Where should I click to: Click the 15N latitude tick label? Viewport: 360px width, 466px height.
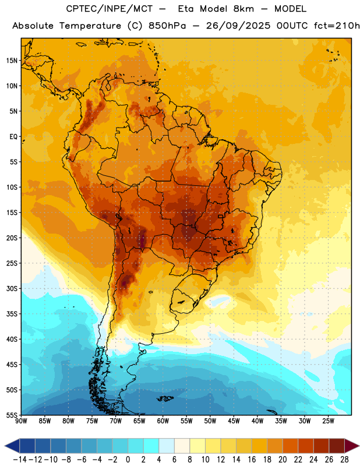tap(12, 61)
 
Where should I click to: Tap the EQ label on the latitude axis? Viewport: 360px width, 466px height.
tap(13, 137)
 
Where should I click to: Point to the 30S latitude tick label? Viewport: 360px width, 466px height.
tap(12, 288)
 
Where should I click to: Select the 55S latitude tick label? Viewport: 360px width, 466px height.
tap(12, 415)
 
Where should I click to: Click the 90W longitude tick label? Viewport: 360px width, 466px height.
tap(21, 421)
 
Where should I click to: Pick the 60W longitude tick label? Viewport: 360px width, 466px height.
tap(163, 421)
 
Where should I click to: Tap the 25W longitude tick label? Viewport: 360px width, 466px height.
tap(328, 421)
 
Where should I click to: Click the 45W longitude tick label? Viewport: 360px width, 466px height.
tap(234, 421)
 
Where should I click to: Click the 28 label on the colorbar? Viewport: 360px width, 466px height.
tap(344, 460)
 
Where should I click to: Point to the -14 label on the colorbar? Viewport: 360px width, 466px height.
tap(20, 460)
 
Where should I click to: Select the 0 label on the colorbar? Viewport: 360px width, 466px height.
tap(128, 460)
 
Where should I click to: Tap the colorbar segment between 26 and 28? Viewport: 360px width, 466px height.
tap(337, 446)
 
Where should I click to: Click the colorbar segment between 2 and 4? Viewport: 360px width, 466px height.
tap(151, 446)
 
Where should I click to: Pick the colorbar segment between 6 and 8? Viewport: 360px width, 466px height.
tap(182, 446)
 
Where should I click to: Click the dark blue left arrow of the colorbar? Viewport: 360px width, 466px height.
tap(12, 446)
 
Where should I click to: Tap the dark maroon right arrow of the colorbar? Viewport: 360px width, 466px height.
tap(352, 446)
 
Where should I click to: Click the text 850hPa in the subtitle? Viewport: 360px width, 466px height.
tap(167, 26)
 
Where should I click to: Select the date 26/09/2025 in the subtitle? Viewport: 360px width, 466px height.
tap(238, 26)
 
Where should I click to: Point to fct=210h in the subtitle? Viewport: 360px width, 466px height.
tap(337, 26)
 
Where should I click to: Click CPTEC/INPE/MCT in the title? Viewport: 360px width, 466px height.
tap(110, 9)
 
